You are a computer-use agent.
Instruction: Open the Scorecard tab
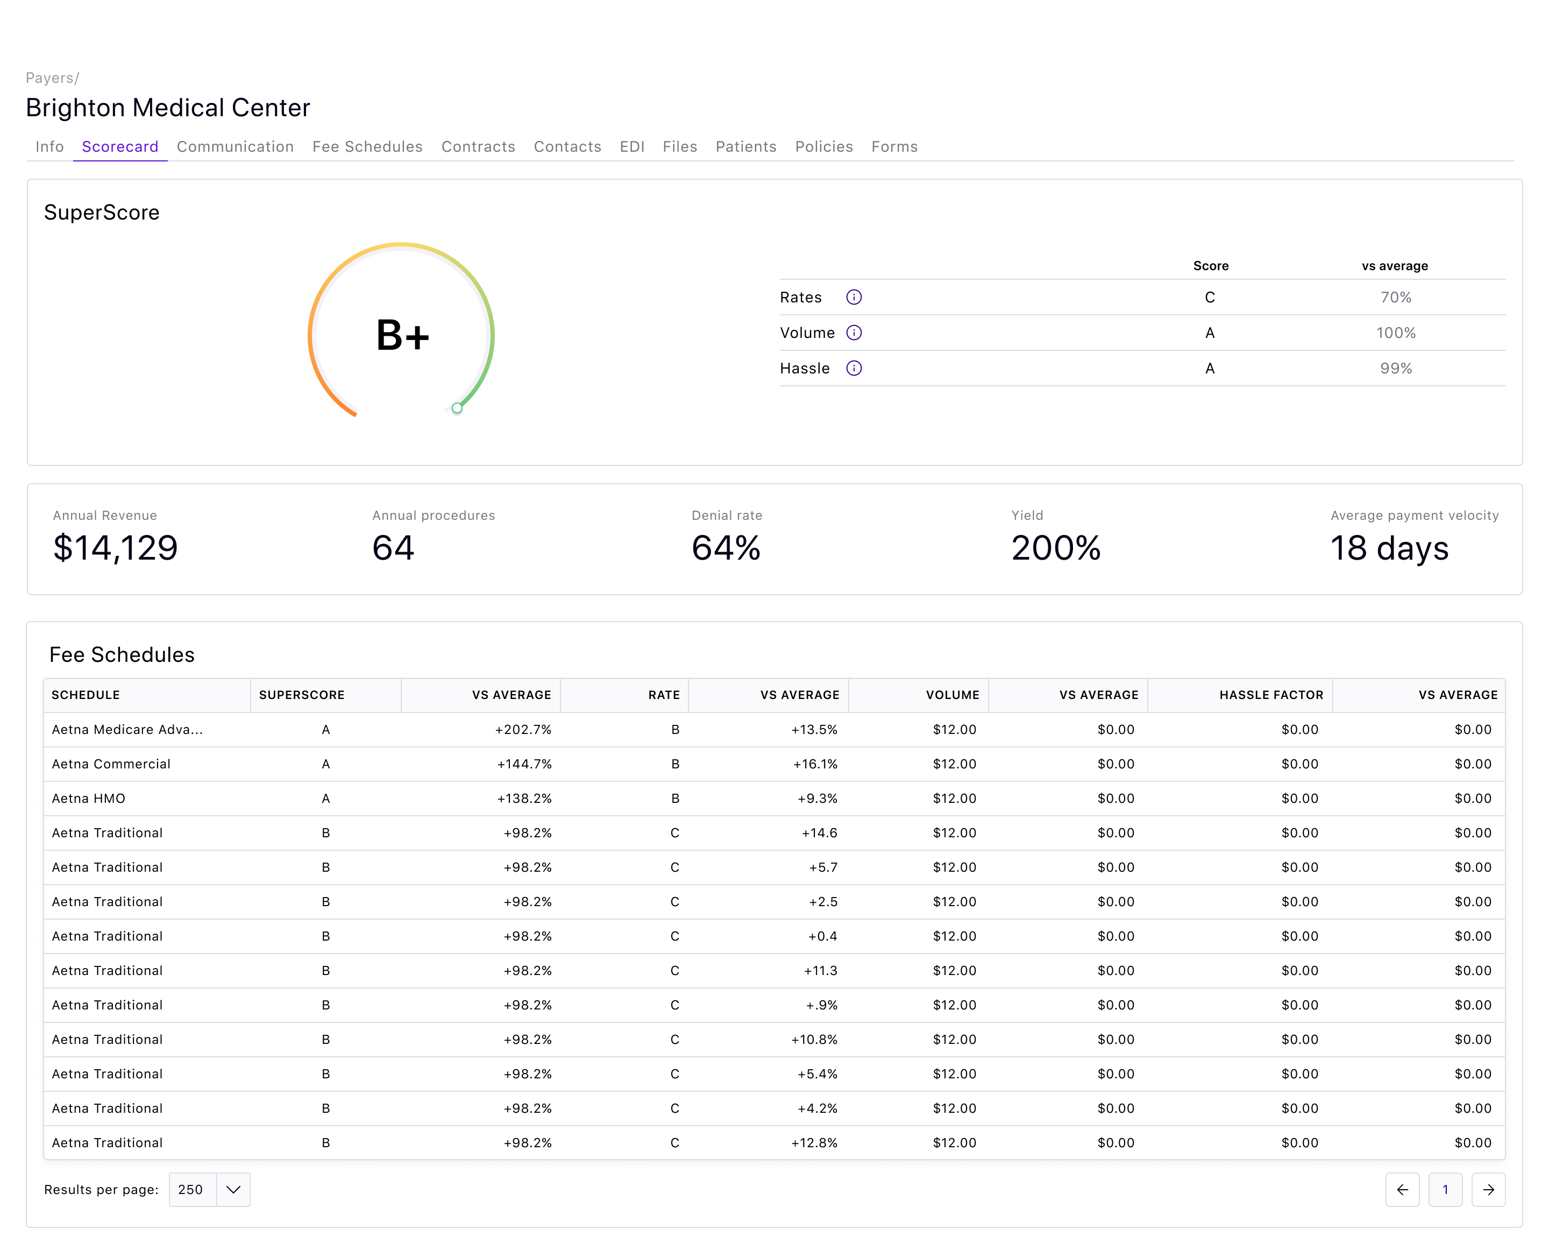point(120,147)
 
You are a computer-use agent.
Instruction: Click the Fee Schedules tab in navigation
point(367,147)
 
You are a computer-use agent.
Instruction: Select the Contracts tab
point(478,147)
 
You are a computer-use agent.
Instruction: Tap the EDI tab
point(631,147)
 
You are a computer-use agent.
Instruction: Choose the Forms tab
point(894,147)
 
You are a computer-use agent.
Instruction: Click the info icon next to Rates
point(854,297)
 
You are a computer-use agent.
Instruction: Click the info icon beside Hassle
point(854,368)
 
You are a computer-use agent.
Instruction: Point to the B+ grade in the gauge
point(402,336)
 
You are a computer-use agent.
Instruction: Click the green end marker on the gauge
point(457,408)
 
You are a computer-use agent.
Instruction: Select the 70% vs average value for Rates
point(1395,297)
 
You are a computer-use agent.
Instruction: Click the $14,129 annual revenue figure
point(115,548)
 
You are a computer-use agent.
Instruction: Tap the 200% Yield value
point(1055,548)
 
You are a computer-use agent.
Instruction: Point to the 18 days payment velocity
point(1389,548)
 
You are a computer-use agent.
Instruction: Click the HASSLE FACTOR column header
point(1270,695)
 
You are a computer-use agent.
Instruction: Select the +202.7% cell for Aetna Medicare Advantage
point(522,729)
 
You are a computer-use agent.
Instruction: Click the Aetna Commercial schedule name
point(111,764)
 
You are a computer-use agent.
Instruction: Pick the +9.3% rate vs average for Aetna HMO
point(817,798)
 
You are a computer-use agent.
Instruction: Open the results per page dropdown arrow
point(233,1189)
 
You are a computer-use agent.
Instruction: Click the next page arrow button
point(1488,1189)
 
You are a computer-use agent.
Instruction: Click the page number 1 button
point(1445,1189)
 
